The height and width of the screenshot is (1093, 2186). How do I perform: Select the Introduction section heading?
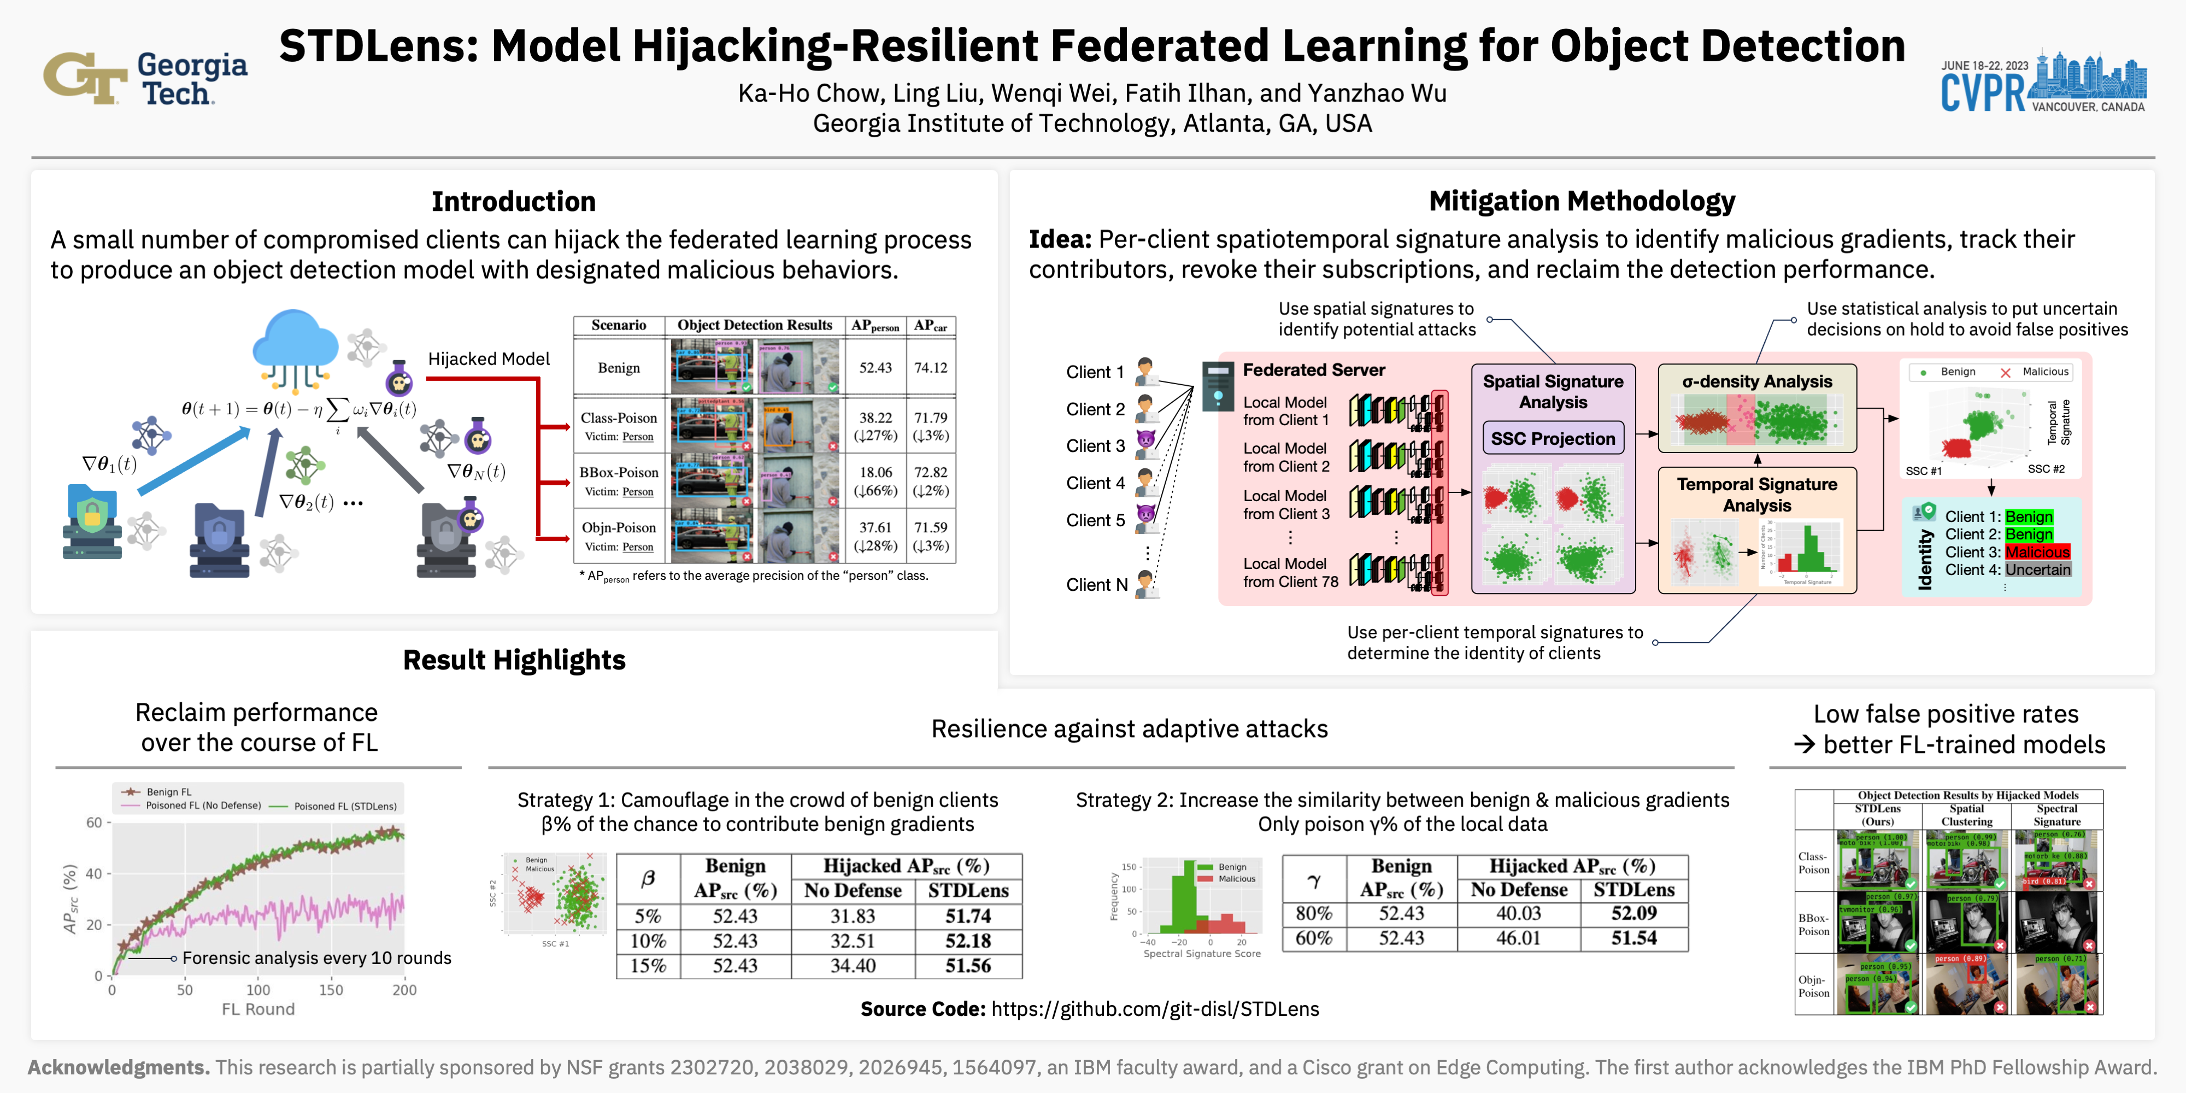coord(513,202)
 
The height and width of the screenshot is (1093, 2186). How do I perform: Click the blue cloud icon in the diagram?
coord(295,344)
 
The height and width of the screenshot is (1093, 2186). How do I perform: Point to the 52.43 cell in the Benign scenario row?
coord(875,367)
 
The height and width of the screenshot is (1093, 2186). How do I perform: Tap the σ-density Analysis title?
coord(1756,382)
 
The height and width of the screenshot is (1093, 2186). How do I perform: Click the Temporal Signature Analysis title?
coord(1756,494)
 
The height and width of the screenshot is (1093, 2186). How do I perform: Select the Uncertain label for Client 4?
coord(2037,570)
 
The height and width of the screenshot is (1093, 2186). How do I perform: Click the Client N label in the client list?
coord(1096,585)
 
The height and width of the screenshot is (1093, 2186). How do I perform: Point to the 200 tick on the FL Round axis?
coord(404,990)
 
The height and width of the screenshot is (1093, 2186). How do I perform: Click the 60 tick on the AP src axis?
coord(93,822)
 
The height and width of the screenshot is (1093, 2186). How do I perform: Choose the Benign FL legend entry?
coord(168,792)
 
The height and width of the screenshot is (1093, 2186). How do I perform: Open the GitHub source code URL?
coord(1155,1009)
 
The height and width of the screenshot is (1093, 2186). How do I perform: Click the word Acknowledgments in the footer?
coord(119,1067)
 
